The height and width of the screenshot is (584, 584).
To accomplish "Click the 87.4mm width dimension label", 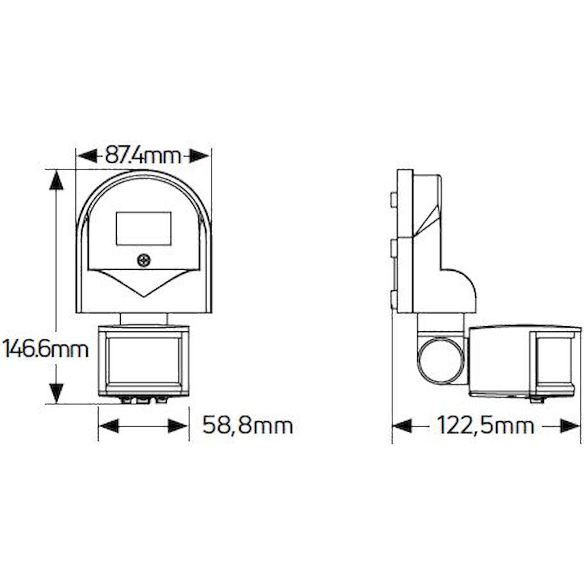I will coord(143,155).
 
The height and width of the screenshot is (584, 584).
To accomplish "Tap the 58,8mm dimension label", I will coord(248,425).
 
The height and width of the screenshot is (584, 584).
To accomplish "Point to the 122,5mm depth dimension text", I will coord(485,425).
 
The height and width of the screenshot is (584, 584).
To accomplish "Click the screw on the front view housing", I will coord(144,261).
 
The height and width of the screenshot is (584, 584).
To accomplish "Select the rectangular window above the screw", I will coord(143,229).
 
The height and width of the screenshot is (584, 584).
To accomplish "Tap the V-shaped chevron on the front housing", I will coord(144,282).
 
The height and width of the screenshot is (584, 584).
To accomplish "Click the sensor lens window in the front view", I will coord(144,360).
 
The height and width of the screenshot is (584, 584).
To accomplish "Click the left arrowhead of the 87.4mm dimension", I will coord(87,155).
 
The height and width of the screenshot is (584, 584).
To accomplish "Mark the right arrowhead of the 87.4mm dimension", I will coord(199,155).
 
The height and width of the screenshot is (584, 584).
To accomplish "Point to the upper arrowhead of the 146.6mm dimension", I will coord(56,180).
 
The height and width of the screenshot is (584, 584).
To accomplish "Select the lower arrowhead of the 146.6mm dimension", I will coord(56,392).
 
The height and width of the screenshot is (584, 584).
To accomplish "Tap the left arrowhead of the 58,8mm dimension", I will coord(109,425).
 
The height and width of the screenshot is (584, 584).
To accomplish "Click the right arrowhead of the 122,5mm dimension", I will coord(570,425).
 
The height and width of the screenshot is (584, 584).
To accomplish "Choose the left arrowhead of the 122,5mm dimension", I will coord(403,425).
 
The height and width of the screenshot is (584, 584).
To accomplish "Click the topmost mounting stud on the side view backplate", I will coord(393,199).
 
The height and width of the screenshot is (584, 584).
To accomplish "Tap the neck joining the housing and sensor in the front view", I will coord(144,318).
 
